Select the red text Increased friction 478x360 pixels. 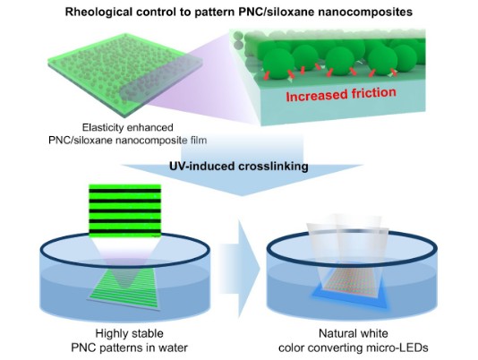tap(341, 94)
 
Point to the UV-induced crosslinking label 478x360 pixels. tap(239, 167)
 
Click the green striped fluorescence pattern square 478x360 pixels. tap(125, 210)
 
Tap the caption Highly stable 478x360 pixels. tap(129, 333)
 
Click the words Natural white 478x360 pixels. tap(354, 333)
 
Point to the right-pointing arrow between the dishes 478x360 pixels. tap(239, 269)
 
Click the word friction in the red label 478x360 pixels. tap(374, 93)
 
